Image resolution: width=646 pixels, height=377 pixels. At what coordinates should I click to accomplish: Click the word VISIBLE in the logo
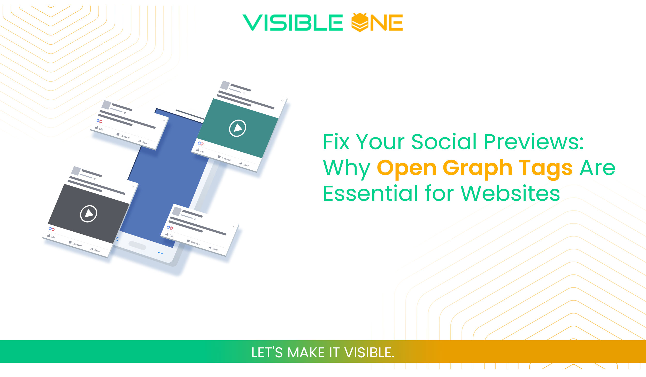[293, 23]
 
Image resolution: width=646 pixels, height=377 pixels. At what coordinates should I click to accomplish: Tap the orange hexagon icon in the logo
[359, 22]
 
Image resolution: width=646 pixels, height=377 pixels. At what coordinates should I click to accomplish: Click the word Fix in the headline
[336, 142]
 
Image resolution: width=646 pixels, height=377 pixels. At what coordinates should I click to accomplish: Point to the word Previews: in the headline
[534, 142]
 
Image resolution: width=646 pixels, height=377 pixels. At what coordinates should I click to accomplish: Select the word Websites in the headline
[510, 193]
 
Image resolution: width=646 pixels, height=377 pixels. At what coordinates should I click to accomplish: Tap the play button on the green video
[237, 128]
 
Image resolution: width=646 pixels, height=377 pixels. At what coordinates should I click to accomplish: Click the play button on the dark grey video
[88, 214]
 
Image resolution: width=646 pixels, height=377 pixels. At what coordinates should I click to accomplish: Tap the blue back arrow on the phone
[160, 253]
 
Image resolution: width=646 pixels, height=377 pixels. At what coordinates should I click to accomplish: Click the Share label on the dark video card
[97, 250]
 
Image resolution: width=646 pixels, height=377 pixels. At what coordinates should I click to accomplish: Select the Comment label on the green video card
[226, 159]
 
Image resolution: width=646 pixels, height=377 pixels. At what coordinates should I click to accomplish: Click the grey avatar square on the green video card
[225, 85]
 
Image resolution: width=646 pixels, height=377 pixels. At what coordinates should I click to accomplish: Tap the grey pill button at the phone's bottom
[137, 245]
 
